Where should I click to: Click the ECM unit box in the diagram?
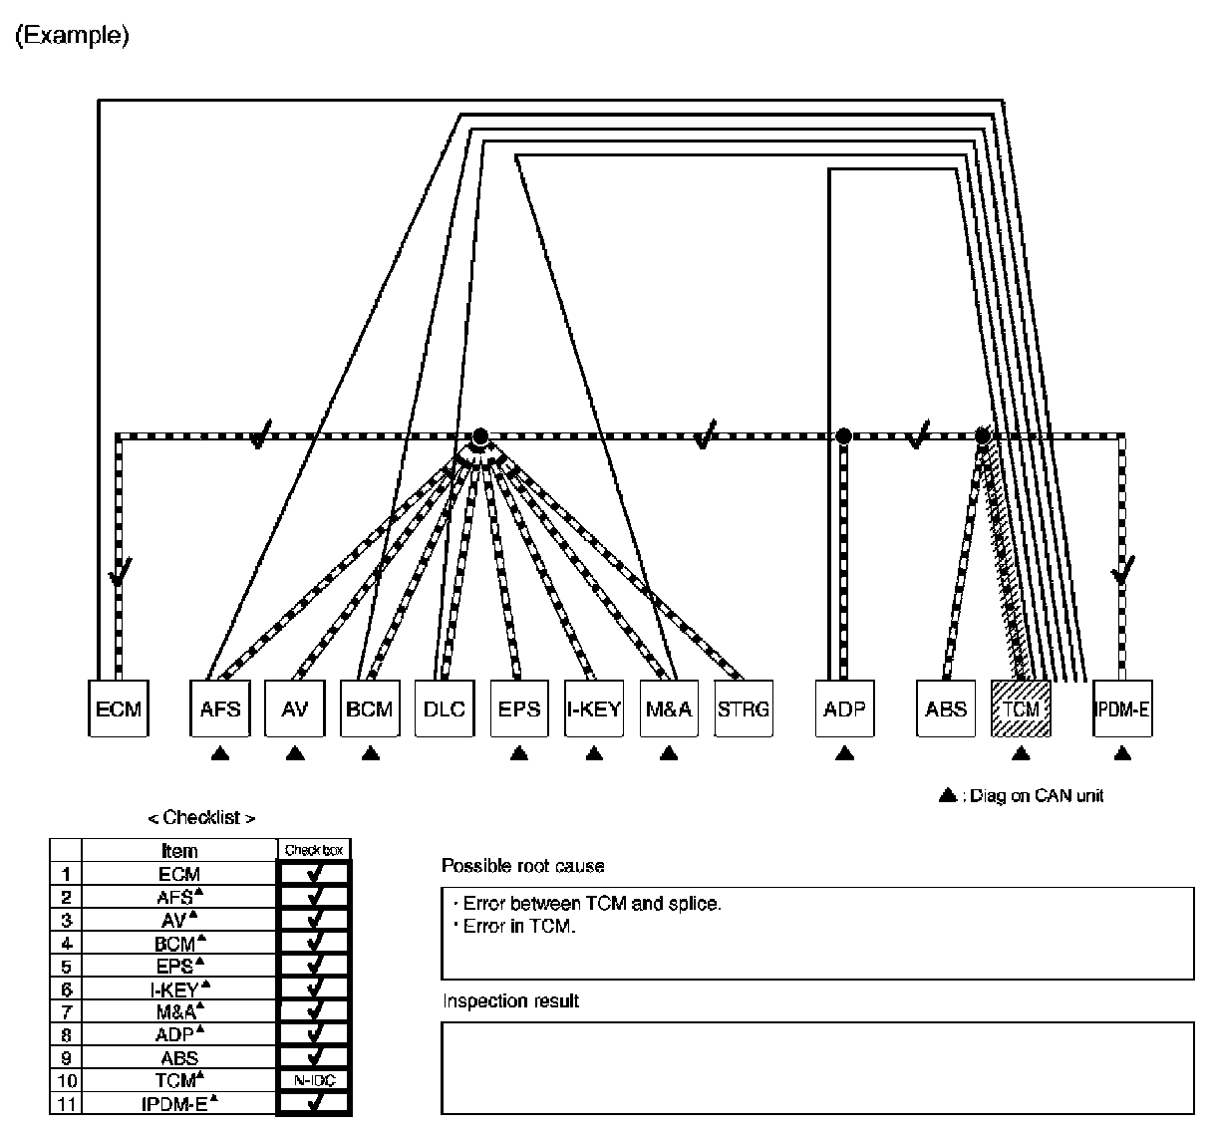pyautogui.click(x=119, y=708)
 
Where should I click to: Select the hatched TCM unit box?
pyautogui.click(x=1021, y=708)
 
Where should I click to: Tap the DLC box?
pyautogui.click(x=445, y=708)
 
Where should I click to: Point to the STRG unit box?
pyautogui.click(x=744, y=708)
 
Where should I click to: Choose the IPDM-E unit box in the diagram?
pyautogui.click(x=1122, y=708)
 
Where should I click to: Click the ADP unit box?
pyautogui.click(x=844, y=708)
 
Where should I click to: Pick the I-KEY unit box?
pyautogui.click(x=594, y=708)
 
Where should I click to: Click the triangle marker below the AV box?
pyautogui.click(x=295, y=754)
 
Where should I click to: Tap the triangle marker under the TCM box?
pyautogui.click(x=1020, y=754)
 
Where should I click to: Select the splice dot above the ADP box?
pyautogui.click(x=844, y=435)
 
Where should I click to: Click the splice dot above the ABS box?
pyautogui.click(x=983, y=435)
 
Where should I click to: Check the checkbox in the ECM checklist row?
pyautogui.click(x=314, y=874)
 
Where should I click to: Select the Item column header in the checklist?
pyautogui.click(x=179, y=851)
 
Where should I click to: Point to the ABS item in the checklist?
pyautogui.click(x=179, y=1058)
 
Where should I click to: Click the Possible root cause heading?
pyautogui.click(x=523, y=866)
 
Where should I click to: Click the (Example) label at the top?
pyautogui.click(x=72, y=37)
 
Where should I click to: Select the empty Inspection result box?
pyautogui.click(x=817, y=1067)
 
